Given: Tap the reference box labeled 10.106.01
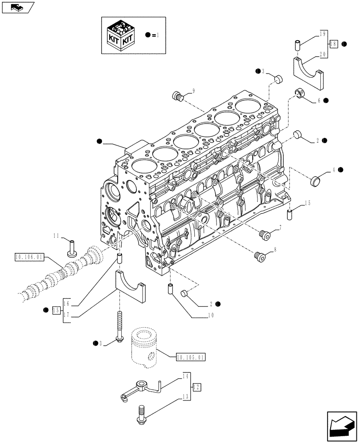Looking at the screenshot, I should [29, 257].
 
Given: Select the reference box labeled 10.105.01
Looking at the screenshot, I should [190, 357].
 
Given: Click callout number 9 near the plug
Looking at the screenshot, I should [193, 91].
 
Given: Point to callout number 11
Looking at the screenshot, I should [57, 235].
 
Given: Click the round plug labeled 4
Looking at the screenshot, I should [315, 181].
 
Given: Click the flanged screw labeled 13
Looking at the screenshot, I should [140, 414].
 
